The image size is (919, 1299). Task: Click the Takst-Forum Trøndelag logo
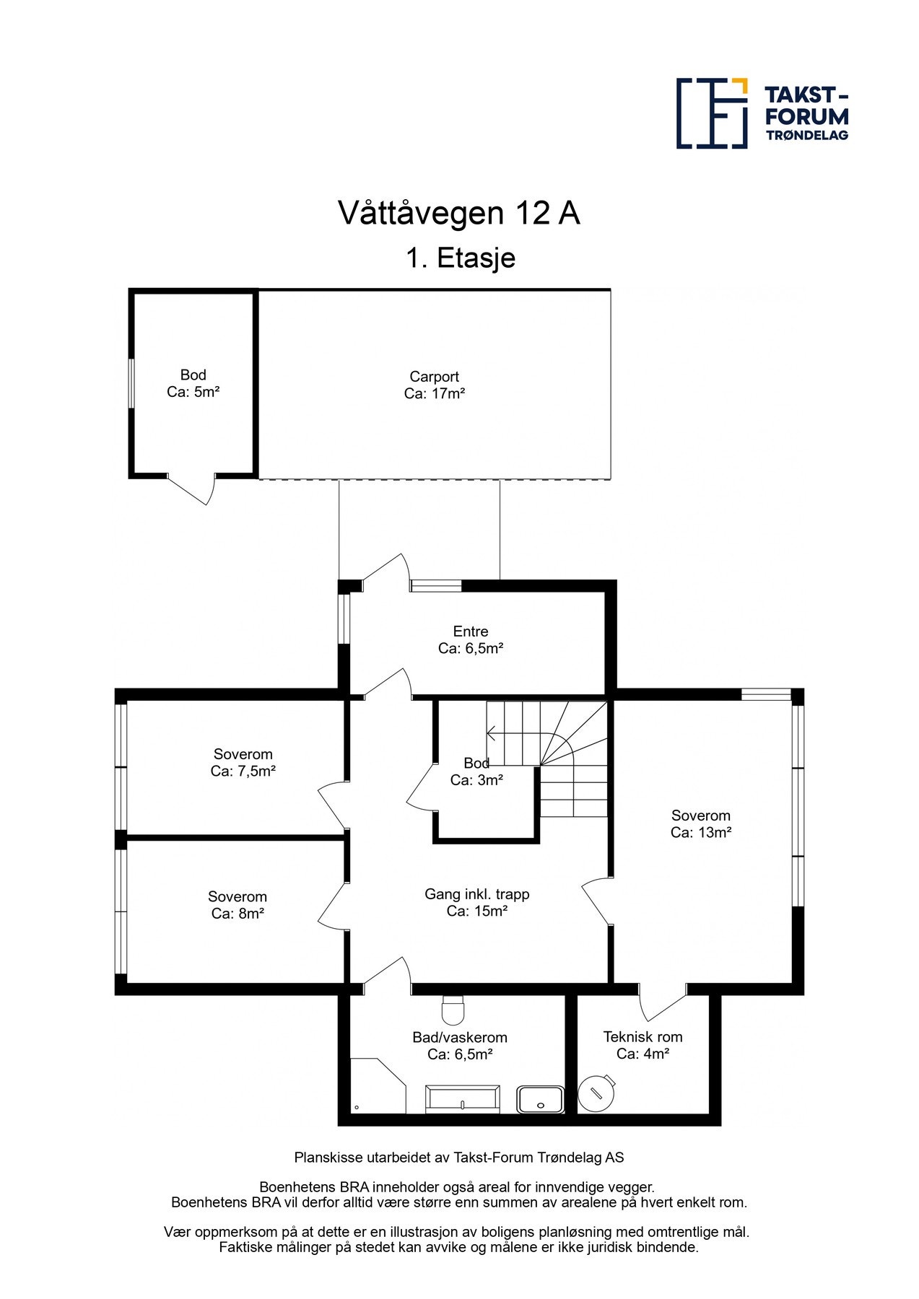pos(762,113)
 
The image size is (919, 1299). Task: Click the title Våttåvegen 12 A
pos(458,213)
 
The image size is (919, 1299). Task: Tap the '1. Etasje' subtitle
pos(460,258)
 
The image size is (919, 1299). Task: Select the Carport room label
pos(434,377)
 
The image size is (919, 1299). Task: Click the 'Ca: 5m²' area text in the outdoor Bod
pos(193,392)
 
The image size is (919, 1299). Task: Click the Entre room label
pos(470,631)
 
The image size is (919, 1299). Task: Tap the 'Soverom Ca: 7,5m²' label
pos(243,763)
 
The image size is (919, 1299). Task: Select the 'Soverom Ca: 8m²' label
pos(237,905)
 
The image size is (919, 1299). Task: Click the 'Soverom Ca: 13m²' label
pos(700,823)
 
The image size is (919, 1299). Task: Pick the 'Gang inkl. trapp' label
pos(476,894)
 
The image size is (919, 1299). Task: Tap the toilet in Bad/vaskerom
pos(453,1010)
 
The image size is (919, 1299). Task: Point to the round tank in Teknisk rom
pos(597,1093)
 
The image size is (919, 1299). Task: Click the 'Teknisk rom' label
pos(643,1037)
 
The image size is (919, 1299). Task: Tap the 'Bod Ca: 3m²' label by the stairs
pos(476,771)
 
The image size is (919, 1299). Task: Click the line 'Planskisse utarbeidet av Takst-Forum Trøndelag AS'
pos(458,1158)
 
